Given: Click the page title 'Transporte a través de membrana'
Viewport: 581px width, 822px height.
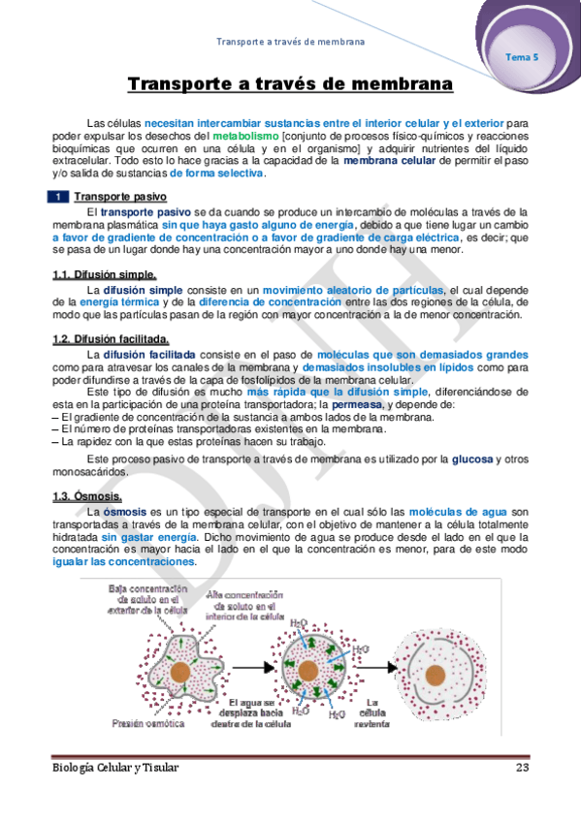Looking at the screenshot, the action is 290,84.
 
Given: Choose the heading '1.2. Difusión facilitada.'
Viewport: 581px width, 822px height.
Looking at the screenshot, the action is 111,338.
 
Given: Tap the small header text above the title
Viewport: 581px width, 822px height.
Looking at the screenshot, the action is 290,43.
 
